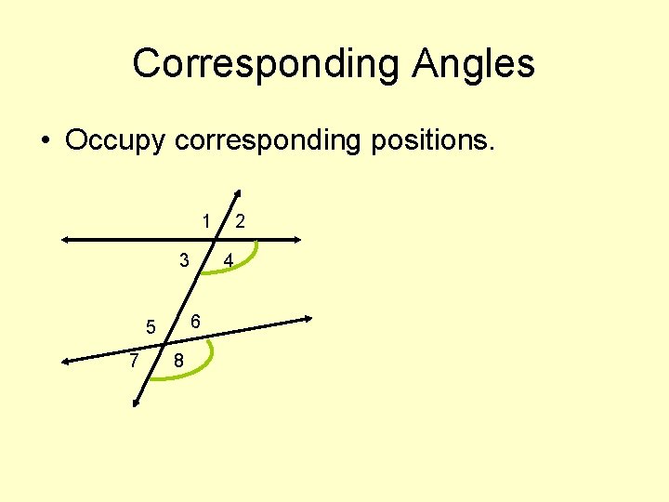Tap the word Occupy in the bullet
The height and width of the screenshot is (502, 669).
(x=115, y=141)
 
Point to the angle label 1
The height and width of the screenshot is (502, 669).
(x=205, y=220)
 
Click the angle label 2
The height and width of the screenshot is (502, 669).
(x=240, y=220)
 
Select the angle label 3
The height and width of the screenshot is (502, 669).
(x=185, y=259)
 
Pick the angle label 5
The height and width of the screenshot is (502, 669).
(x=150, y=327)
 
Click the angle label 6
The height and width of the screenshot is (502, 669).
(x=196, y=322)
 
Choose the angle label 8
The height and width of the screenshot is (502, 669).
(x=177, y=362)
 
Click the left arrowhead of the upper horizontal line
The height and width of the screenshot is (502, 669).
(x=65, y=240)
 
